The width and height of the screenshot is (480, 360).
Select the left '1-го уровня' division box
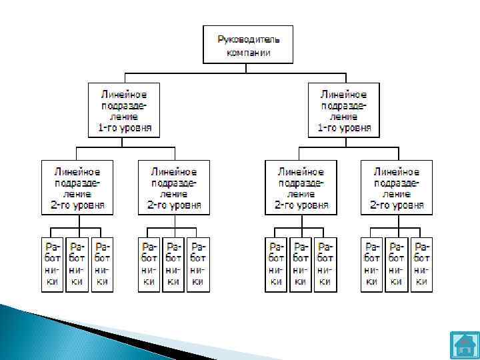tap(125, 109)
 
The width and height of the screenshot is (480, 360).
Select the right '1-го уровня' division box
tap(344, 109)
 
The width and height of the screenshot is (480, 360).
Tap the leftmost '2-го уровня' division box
tap(78, 187)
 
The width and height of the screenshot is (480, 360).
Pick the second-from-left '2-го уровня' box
tap(173, 187)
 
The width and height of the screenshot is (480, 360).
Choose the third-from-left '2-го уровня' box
tap(301, 187)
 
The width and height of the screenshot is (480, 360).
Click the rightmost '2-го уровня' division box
tap(397, 187)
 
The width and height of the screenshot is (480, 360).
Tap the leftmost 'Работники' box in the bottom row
tap(53, 265)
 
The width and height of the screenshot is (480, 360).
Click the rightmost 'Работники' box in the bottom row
tap(421, 265)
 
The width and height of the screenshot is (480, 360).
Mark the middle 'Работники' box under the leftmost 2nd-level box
tap(77, 265)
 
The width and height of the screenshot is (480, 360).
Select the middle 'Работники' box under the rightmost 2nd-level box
tap(397, 265)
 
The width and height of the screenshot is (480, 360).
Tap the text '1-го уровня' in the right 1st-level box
tap(344, 127)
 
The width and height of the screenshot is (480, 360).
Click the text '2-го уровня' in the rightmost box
tap(397, 205)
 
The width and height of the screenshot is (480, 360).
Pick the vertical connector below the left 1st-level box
tap(125, 141)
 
